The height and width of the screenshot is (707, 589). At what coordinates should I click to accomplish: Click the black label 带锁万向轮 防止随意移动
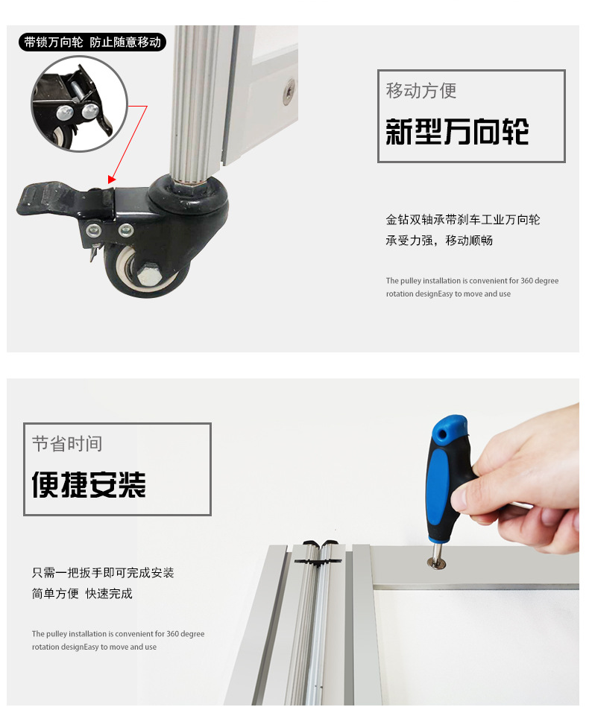(x=92, y=42)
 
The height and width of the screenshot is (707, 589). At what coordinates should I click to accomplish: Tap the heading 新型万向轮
(x=457, y=132)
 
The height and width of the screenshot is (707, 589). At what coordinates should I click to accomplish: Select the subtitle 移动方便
(x=421, y=91)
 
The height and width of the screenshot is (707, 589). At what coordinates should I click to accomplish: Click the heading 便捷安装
(x=89, y=485)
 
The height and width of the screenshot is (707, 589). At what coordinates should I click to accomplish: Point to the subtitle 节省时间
(x=67, y=444)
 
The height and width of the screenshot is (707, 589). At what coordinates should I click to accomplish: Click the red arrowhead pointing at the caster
(x=112, y=180)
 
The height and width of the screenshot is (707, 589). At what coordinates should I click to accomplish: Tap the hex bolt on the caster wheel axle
(x=146, y=274)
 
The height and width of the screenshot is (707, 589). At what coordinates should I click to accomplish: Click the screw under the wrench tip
(x=436, y=562)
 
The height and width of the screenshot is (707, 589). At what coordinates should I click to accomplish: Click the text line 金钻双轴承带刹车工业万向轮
(x=462, y=220)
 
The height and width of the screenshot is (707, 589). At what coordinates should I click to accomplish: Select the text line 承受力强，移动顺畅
(x=438, y=241)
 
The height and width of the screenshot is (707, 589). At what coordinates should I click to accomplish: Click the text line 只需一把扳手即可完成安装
(x=103, y=573)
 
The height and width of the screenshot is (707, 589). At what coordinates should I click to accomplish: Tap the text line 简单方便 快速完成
(x=82, y=593)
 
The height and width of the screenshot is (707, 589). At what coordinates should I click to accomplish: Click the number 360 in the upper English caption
(x=526, y=280)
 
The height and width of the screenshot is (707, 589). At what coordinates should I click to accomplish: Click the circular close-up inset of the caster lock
(x=80, y=104)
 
